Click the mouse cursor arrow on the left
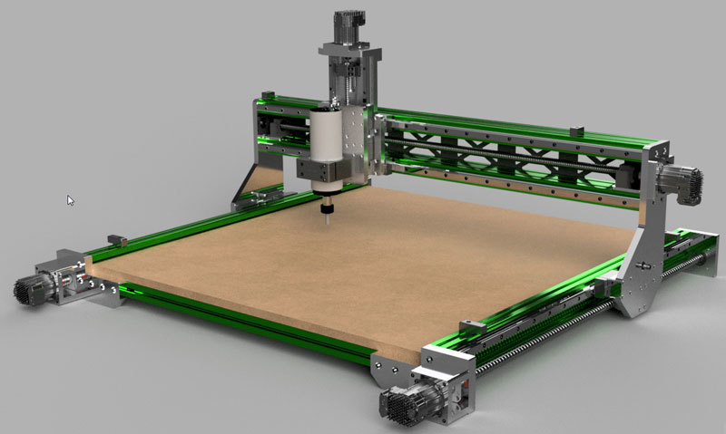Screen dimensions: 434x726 71,199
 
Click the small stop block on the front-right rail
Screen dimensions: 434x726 470,324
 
